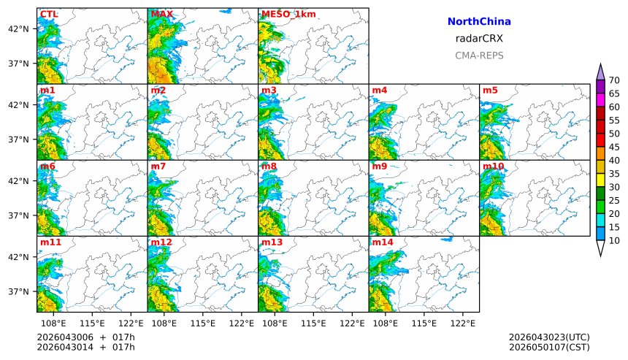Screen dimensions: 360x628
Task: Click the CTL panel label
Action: click(x=49, y=15)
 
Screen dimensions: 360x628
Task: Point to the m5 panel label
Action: click(x=489, y=91)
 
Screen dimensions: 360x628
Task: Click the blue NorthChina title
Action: click(x=479, y=22)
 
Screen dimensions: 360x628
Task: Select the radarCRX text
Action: click(x=479, y=39)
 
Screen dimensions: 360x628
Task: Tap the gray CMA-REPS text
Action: click(x=479, y=55)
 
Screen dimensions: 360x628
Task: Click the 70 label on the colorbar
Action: click(x=614, y=80)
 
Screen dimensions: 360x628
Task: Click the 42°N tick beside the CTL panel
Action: click(x=18, y=28)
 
